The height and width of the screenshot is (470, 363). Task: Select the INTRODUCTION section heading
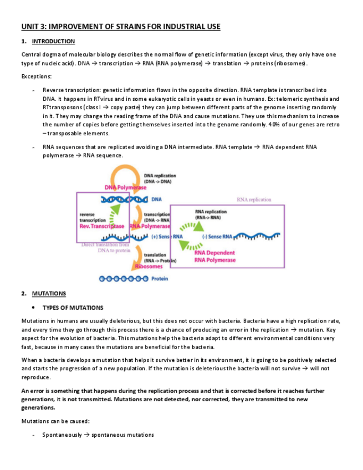tap(53, 42)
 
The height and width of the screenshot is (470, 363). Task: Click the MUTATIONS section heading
tap(49, 294)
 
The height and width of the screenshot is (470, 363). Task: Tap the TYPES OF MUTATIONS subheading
tap(73, 308)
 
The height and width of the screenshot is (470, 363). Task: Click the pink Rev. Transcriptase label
tap(102, 226)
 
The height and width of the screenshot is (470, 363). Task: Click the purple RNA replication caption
tap(254, 200)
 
